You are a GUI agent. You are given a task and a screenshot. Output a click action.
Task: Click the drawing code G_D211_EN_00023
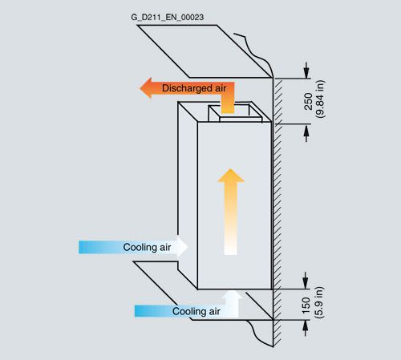click(x=168, y=18)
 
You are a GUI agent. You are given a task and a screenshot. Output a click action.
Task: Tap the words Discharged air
click(x=194, y=88)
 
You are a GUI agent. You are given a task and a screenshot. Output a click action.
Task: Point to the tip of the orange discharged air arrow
click(x=140, y=87)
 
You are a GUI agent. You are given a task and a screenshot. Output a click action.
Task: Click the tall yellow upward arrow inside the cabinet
click(x=231, y=212)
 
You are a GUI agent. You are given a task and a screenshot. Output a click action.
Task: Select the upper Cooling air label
click(x=147, y=247)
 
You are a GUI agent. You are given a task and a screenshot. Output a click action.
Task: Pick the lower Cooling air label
click(x=196, y=311)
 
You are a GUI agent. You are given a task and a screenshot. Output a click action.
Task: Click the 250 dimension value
click(x=308, y=102)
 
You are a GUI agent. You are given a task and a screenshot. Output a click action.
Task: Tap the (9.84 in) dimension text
click(x=320, y=99)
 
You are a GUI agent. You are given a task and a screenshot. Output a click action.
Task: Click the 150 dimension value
click(x=306, y=305)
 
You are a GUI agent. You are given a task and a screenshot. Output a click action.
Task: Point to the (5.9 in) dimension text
click(x=319, y=302)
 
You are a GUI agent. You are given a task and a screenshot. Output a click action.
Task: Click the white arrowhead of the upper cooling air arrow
click(x=182, y=247)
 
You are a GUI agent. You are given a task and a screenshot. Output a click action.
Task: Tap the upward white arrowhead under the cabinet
click(x=232, y=295)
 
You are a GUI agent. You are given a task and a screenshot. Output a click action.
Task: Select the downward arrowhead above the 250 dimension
click(x=306, y=72)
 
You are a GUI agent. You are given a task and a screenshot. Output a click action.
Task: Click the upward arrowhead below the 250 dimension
click(x=306, y=131)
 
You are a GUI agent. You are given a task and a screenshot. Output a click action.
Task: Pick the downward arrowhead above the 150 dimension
click(x=306, y=283)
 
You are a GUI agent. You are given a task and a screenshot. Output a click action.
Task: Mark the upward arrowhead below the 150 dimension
click(x=306, y=326)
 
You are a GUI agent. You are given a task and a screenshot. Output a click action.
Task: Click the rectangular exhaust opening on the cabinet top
click(x=235, y=113)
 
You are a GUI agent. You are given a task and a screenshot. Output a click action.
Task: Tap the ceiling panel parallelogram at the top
click(x=205, y=51)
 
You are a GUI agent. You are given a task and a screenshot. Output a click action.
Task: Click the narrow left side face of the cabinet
click(x=188, y=195)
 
